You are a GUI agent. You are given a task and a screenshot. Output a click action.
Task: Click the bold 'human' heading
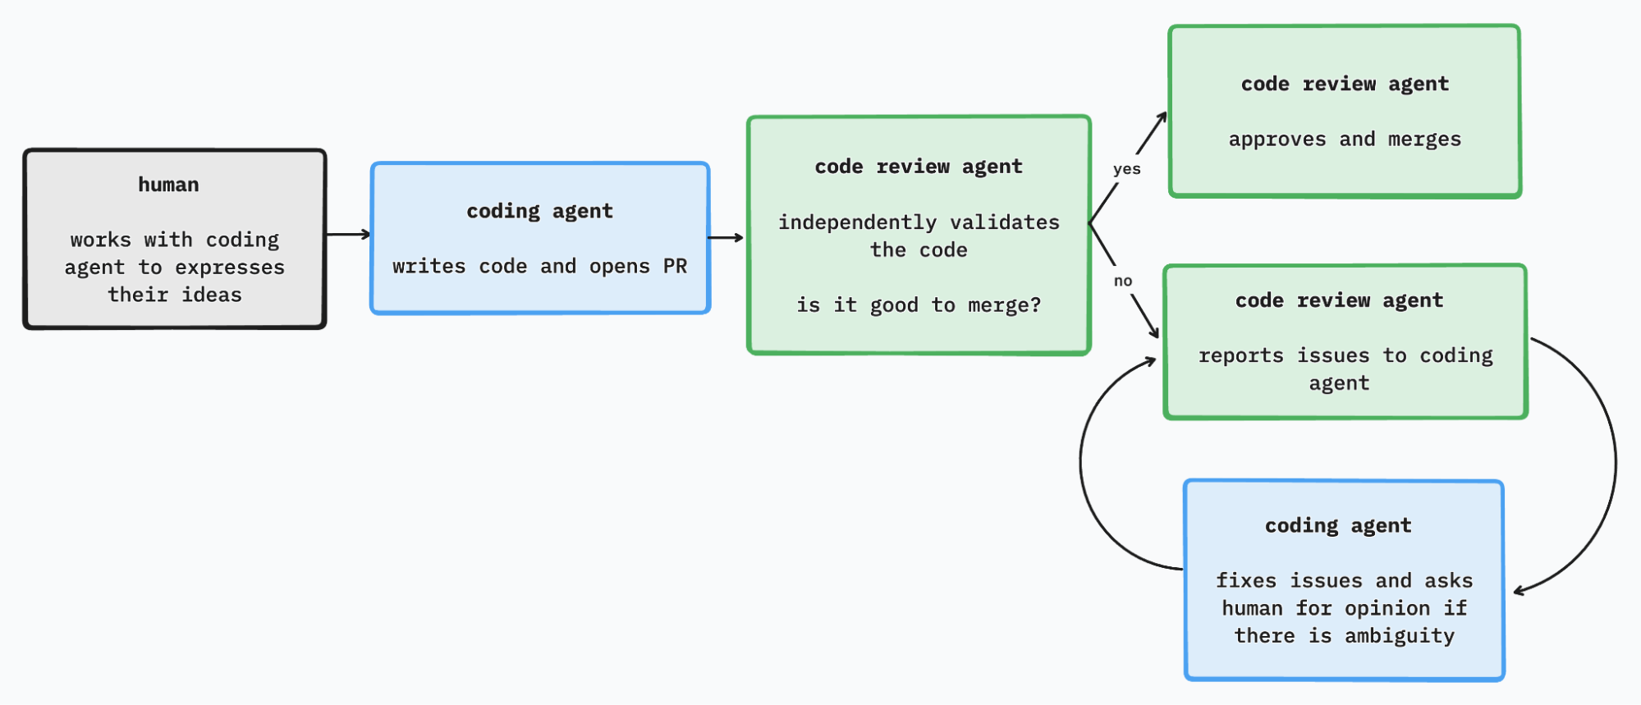click(x=168, y=185)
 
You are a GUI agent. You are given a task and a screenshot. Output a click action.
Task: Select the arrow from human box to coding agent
click(x=348, y=235)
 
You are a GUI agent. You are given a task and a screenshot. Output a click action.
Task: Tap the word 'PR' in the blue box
click(x=675, y=267)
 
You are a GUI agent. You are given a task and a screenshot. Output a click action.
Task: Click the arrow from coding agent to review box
click(x=726, y=238)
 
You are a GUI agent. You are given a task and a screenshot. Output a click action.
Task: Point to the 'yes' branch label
click(x=1126, y=169)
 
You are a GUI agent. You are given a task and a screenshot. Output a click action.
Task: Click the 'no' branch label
click(x=1123, y=281)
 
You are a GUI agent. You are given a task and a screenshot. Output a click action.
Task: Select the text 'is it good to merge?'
click(x=919, y=305)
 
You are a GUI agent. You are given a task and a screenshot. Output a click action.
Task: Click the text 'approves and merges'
click(x=1345, y=140)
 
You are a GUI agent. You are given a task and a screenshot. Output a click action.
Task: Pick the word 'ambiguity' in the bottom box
click(x=1400, y=636)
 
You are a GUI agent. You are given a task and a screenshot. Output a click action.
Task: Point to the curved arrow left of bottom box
click(x=1083, y=468)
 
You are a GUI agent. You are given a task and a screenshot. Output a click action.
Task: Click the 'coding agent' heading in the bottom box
click(x=1338, y=525)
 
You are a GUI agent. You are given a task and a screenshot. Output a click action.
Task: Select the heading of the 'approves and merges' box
click(x=1345, y=84)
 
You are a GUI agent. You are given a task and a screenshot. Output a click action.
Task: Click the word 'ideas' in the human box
click(x=212, y=295)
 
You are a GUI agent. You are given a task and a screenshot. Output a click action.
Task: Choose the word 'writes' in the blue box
click(x=429, y=267)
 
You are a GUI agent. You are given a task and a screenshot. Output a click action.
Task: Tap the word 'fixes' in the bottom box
click(x=1245, y=581)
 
